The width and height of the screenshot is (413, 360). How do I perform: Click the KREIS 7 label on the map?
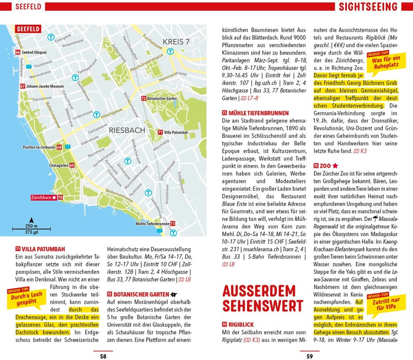[176, 42]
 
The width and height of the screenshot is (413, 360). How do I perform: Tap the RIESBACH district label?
[127, 130]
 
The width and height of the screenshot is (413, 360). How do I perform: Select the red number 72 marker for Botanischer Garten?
[144, 99]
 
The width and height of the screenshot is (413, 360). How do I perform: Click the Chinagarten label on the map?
[58, 166]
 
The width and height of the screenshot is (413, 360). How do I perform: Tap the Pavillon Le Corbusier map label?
[39, 147]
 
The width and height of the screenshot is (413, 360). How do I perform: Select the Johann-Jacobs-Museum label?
[45, 86]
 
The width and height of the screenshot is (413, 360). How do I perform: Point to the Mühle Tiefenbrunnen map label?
[152, 224]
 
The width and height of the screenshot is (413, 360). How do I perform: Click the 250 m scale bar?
[31, 228]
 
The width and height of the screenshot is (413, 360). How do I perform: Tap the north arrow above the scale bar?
[31, 220]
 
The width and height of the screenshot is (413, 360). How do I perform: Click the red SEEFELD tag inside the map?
[28, 29]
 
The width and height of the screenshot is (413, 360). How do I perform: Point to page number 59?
[309, 356]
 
